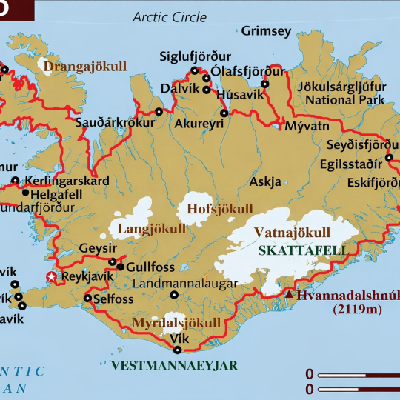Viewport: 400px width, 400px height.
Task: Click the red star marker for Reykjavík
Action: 51,277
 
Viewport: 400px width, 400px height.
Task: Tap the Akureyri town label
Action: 199,124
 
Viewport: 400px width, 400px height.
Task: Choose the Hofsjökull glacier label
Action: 219,208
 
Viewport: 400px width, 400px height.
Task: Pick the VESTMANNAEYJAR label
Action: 174,365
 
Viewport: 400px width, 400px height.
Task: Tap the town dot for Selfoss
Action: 87,299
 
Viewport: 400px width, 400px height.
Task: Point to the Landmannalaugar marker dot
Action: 174,294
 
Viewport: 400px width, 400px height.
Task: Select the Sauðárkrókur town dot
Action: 159,112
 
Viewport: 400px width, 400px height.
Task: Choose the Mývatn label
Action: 301,126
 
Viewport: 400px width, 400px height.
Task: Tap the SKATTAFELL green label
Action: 303,250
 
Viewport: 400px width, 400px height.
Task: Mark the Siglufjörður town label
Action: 196,56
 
